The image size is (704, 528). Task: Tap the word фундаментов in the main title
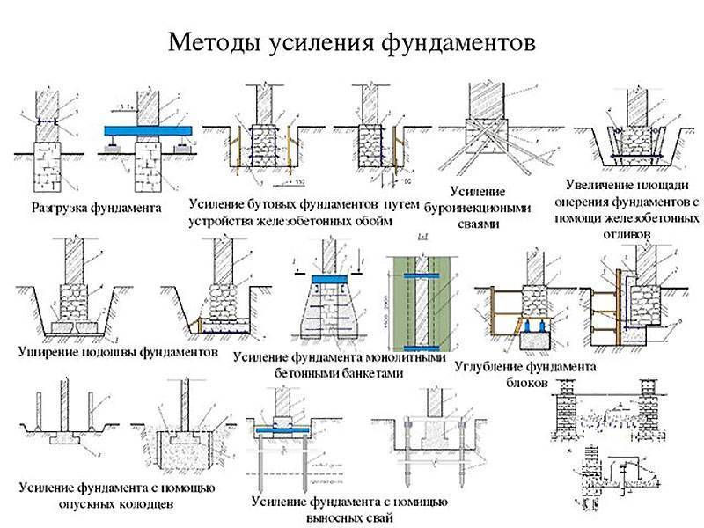point(456,42)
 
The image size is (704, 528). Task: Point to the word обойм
point(369,220)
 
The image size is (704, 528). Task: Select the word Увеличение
point(601,187)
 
